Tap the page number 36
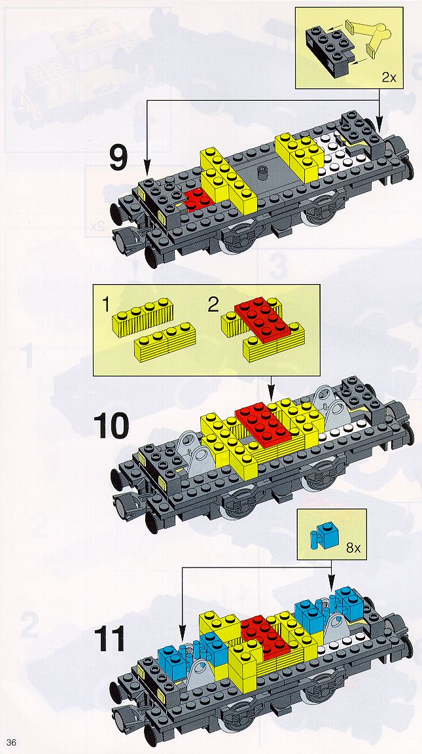[x=11, y=743]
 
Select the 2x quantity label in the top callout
[x=389, y=77]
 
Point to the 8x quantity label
[x=353, y=548]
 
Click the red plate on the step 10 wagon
[x=263, y=422]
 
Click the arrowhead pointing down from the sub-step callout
[x=271, y=396]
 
